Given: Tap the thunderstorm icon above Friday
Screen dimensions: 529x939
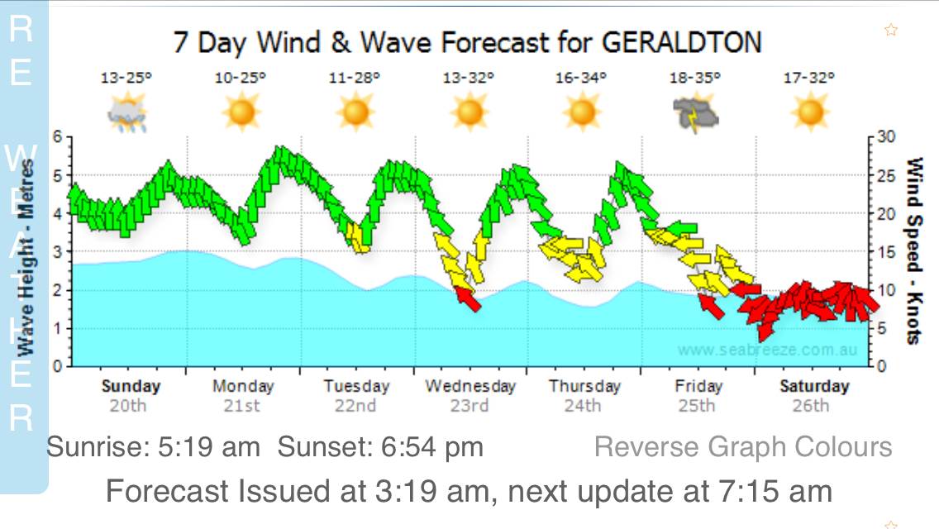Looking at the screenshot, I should click(x=696, y=113).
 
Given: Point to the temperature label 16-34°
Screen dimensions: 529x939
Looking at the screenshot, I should click(x=582, y=79).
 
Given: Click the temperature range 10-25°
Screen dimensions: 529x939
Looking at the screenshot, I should click(x=241, y=79).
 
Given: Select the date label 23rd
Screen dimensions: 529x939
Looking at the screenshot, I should click(x=469, y=406).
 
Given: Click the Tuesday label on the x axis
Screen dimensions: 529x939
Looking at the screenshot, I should click(x=355, y=386).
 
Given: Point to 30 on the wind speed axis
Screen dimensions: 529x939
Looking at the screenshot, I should click(x=888, y=136).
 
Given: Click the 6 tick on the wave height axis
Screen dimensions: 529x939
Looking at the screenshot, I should click(x=57, y=136).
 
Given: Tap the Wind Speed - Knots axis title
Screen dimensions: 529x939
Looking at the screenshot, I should click(x=914, y=250).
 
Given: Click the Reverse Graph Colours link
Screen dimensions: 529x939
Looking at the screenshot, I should click(x=743, y=447).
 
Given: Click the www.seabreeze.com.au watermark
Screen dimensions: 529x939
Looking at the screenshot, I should click(x=767, y=350).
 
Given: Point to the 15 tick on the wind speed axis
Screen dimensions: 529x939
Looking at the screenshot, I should click(x=888, y=251).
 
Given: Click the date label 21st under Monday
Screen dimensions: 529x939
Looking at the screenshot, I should click(x=242, y=406).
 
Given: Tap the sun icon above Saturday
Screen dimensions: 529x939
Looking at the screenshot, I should click(x=809, y=112).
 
